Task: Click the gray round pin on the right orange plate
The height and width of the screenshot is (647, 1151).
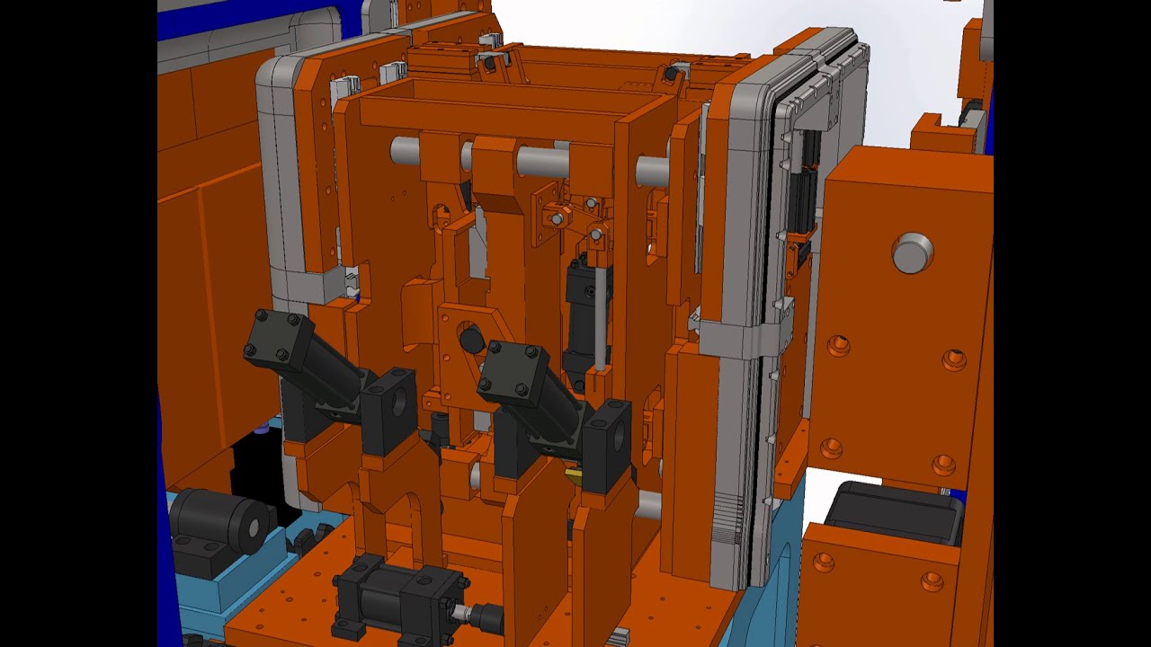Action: pos(912,253)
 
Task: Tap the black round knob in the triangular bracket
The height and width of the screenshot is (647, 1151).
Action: pos(471,341)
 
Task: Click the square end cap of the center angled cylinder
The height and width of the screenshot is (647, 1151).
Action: pos(513,371)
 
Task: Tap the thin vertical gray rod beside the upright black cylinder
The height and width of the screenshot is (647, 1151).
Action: pos(600,319)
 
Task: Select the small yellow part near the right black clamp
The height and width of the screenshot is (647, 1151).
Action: pos(572,472)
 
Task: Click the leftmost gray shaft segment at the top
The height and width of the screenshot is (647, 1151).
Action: pos(405,150)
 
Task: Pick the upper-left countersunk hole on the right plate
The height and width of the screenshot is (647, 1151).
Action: pos(838,346)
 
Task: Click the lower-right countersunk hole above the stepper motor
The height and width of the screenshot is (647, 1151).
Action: pos(942,465)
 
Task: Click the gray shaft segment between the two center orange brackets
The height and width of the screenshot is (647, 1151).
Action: pos(542,162)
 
